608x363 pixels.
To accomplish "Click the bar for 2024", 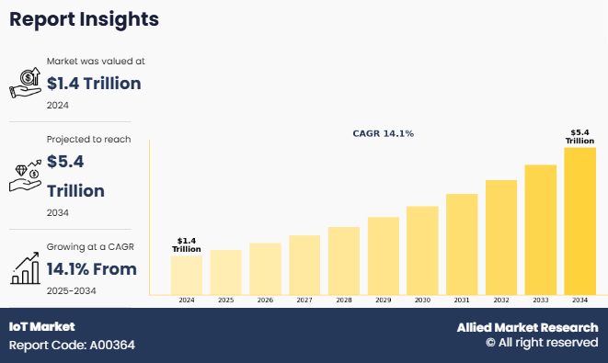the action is point(187,275).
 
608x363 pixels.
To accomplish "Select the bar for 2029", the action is point(384,255).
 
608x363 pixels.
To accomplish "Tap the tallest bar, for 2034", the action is point(580,221).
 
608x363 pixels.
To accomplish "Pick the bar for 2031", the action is point(462,244).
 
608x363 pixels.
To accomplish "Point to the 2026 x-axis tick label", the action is point(265,301).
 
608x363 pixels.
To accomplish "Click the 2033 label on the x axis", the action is point(541,301).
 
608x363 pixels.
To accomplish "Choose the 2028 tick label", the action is point(344,301).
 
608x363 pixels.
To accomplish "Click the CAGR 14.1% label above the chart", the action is point(383,133).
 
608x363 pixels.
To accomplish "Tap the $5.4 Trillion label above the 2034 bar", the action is point(579,137).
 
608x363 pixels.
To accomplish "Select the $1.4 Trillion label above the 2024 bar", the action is point(187,245).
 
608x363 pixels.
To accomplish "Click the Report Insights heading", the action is point(84,19).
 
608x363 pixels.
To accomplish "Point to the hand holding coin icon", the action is point(25,83).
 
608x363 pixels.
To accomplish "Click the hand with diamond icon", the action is point(25,176).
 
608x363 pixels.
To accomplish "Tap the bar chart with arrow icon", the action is point(25,268).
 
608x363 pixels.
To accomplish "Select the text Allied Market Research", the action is point(527,327).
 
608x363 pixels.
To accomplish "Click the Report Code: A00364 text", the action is point(72,346).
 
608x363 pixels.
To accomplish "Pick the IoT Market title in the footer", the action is point(42,326).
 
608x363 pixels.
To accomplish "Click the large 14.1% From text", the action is point(92,269).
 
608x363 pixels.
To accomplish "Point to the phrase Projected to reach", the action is point(89,140).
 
